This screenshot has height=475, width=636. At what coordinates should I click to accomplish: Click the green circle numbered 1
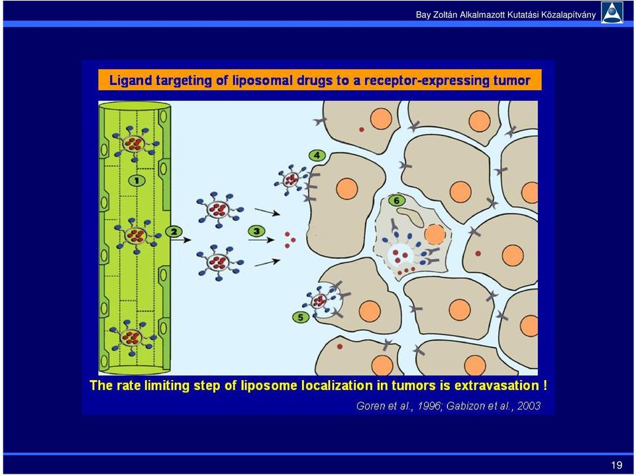coord(136,180)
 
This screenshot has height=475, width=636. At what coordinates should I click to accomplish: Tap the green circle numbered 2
coord(174,232)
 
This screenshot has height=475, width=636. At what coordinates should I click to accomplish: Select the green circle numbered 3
coord(256,232)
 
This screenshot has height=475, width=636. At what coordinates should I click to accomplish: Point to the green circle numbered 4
coord(317,155)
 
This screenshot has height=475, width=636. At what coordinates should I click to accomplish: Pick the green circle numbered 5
coord(301,317)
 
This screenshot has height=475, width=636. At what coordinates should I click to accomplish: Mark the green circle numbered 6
coord(397,200)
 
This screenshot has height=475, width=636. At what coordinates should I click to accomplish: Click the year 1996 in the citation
coord(429,405)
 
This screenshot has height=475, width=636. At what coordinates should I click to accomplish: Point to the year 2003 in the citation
coord(529,405)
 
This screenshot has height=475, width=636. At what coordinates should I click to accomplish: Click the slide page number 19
coord(617,465)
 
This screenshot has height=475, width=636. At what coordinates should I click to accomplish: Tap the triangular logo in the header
coord(612,13)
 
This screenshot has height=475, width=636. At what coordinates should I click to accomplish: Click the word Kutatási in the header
coord(523,15)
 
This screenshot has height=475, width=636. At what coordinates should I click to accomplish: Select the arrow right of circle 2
coord(181,240)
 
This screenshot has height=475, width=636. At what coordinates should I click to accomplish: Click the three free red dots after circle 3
coord(290,239)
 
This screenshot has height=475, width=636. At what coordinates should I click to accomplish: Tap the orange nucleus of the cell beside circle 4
coord(346,189)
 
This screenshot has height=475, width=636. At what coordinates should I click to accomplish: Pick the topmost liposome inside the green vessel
coord(134,143)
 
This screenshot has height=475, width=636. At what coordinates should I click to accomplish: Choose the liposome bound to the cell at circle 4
coord(290,179)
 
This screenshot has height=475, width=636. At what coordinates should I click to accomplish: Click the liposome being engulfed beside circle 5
coord(319,301)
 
